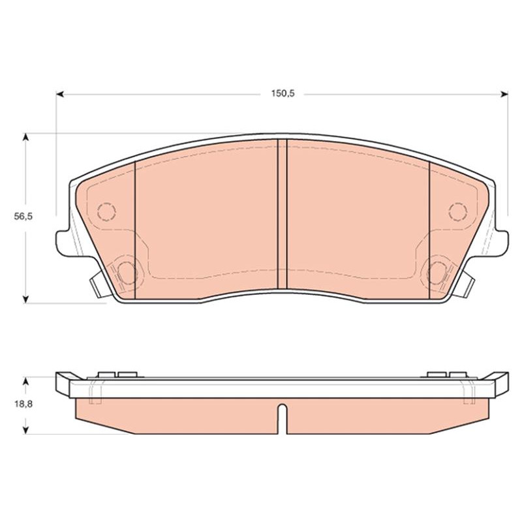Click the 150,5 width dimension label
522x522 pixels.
click(x=283, y=93)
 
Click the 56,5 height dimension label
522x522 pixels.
click(x=23, y=217)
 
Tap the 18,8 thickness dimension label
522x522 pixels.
click(x=23, y=404)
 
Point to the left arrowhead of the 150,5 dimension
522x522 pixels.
click(x=60, y=94)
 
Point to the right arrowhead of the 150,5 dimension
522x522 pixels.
click(x=504, y=94)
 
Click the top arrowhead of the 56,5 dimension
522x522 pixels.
click(x=26, y=137)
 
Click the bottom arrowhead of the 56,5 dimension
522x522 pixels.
click(x=26, y=299)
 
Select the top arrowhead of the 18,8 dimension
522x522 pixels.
click(x=26, y=381)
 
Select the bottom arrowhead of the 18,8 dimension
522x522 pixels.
click(x=26, y=430)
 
